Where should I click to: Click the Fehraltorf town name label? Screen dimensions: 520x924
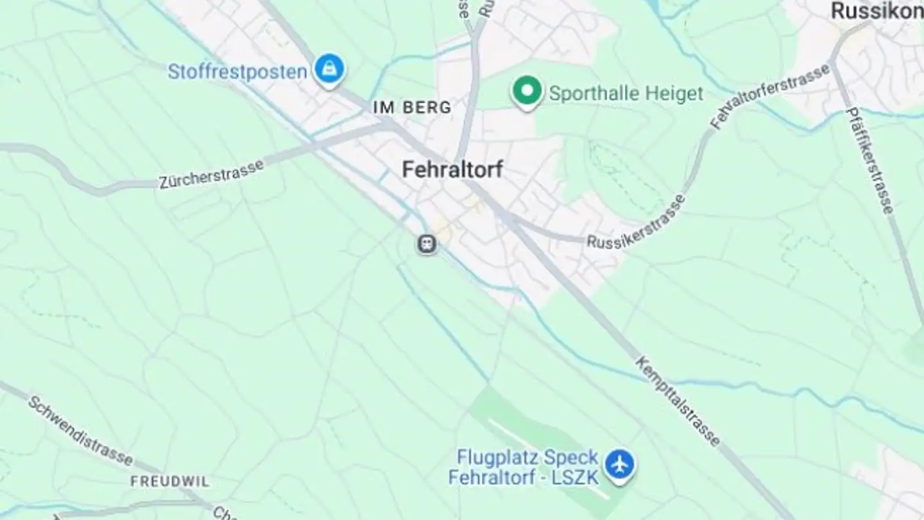tap(452, 169)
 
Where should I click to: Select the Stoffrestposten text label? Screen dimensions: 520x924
tap(237, 71)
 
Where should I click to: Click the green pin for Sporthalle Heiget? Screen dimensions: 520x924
tap(527, 91)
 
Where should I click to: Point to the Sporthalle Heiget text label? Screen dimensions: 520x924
tap(626, 94)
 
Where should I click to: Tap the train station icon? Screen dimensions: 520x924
tap(426, 244)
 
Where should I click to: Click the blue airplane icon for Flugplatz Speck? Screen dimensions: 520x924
tap(619, 464)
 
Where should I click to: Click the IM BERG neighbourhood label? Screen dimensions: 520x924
tap(412, 107)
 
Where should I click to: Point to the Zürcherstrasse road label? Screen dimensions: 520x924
tap(211, 173)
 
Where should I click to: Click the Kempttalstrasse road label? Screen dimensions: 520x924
tap(678, 401)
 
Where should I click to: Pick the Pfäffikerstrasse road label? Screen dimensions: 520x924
tap(870, 160)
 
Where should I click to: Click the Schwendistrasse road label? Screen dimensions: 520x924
tap(81, 430)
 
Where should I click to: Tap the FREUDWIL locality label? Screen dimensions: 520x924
tap(170, 481)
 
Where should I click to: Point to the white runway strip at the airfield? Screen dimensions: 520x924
tap(545, 449)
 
